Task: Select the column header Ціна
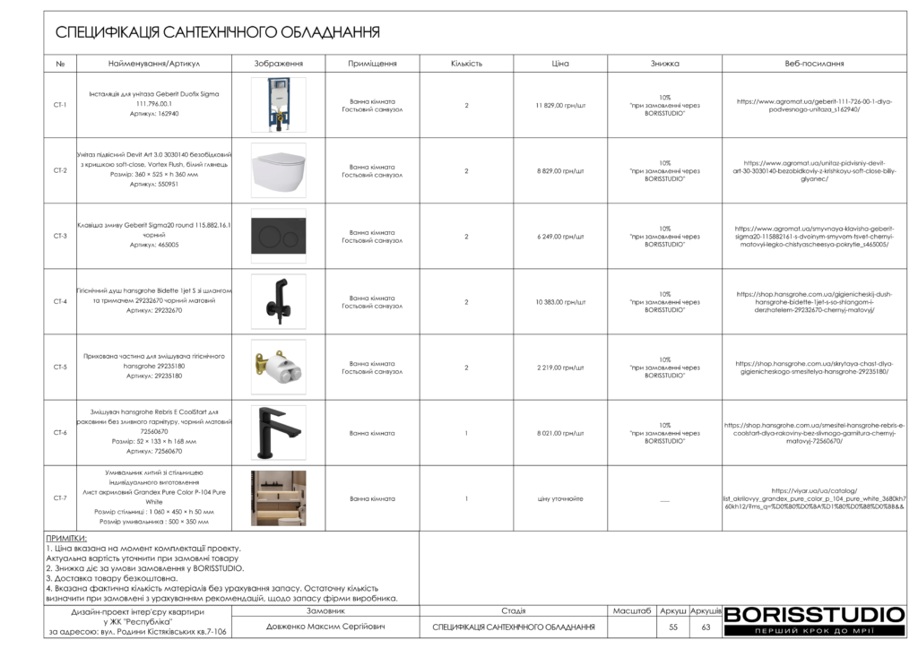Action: (x=560, y=64)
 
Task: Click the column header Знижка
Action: (x=664, y=64)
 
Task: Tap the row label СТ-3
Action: (x=60, y=237)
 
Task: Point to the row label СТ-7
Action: (x=60, y=498)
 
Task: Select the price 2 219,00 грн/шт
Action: (x=560, y=368)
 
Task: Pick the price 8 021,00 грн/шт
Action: (x=560, y=433)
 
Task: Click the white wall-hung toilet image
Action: (x=278, y=170)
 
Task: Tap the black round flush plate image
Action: (x=278, y=237)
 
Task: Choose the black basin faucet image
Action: (x=278, y=433)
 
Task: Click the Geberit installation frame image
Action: (x=278, y=105)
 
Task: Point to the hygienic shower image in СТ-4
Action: (x=278, y=302)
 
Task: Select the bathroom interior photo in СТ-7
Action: (x=278, y=498)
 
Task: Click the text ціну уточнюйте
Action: (x=560, y=498)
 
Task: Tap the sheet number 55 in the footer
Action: (x=673, y=627)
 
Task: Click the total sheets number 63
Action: (x=706, y=627)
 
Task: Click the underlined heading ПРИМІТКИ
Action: (x=65, y=539)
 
